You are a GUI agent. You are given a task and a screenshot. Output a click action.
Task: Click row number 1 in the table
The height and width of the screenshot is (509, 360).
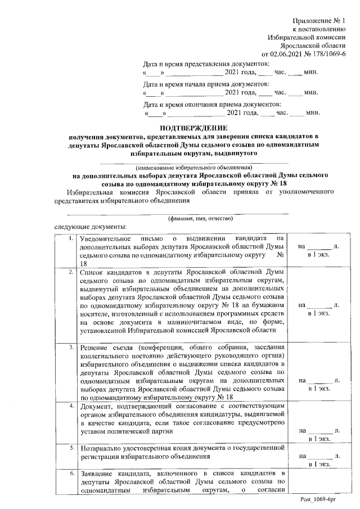click(70, 238)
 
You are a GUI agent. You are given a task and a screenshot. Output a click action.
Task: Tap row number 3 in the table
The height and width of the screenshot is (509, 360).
click(70, 347)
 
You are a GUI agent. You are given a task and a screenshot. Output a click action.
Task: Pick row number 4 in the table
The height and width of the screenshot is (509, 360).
click(70, 406)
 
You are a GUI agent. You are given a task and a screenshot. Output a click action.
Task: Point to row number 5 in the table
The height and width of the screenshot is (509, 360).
click(70, 448)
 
